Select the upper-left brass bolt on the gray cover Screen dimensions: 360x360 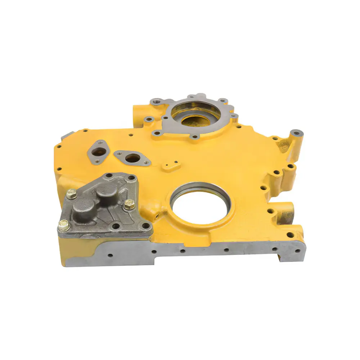(x=71, y=193)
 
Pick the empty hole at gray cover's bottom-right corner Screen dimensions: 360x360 (x=145, y=226)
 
